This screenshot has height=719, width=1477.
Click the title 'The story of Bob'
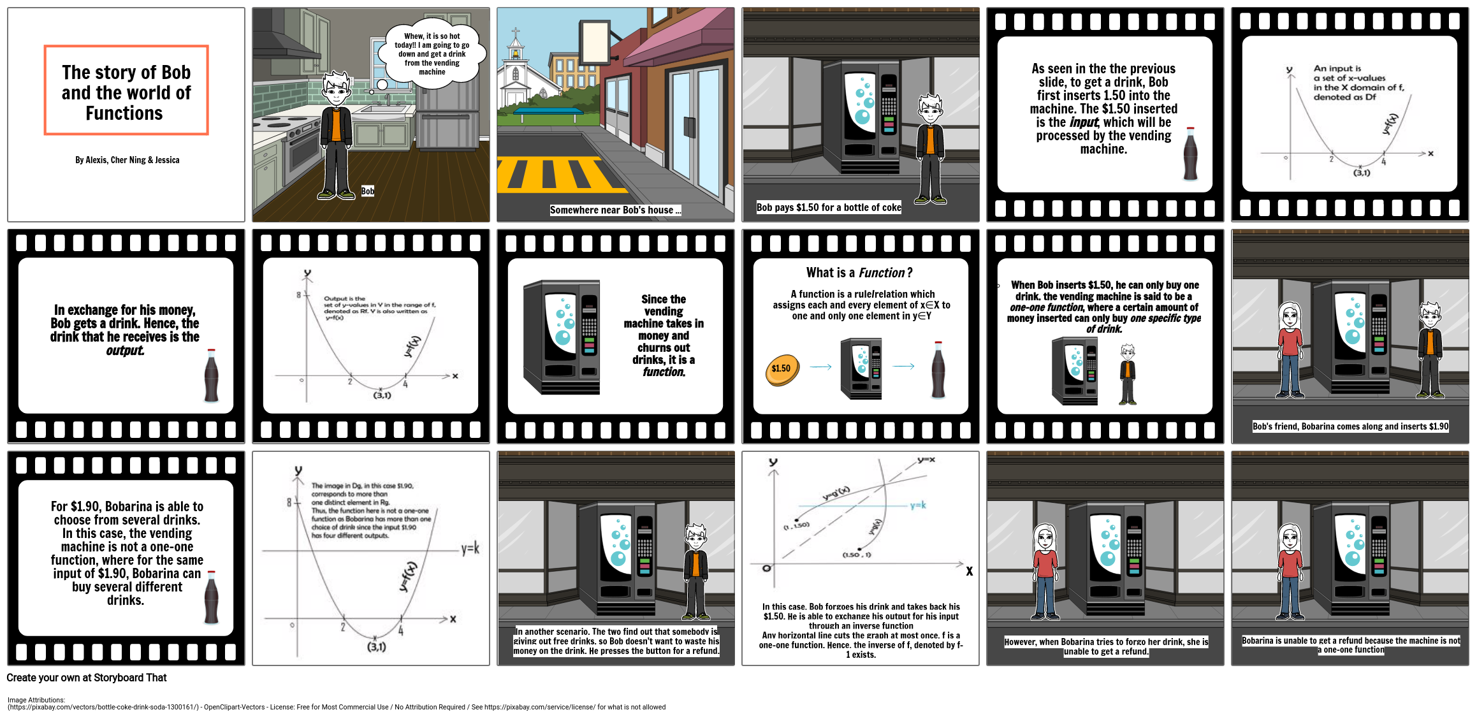(x=126, y=73)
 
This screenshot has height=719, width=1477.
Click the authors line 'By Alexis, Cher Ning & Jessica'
(x=127, y=160)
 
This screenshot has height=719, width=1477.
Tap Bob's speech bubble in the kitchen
(x=432, y=54)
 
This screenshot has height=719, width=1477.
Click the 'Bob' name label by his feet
(x=368, y=191)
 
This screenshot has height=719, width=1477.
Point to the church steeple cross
(x=515, y=31)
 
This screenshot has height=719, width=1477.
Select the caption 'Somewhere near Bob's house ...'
(x=615, y=210)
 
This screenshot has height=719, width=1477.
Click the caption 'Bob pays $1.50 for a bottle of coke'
(x=829, y=207)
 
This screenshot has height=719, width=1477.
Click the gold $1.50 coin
(x=782, y=369)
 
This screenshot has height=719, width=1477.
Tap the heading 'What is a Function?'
(x=859, y=273)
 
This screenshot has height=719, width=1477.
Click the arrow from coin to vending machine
(x=820, y=367)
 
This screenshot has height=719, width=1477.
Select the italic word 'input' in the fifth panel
(x=1083, y=122)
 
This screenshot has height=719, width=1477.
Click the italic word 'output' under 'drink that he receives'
(x=125, y=351)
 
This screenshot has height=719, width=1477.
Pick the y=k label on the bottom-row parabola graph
(x=470, y=548)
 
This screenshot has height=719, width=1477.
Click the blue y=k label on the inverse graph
(x=918, y=505)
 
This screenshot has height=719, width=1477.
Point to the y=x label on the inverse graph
(x=926, y=460)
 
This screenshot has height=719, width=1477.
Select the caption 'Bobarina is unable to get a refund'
(x=1350, y=644)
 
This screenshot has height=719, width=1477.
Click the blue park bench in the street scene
(x=548, y=113)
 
